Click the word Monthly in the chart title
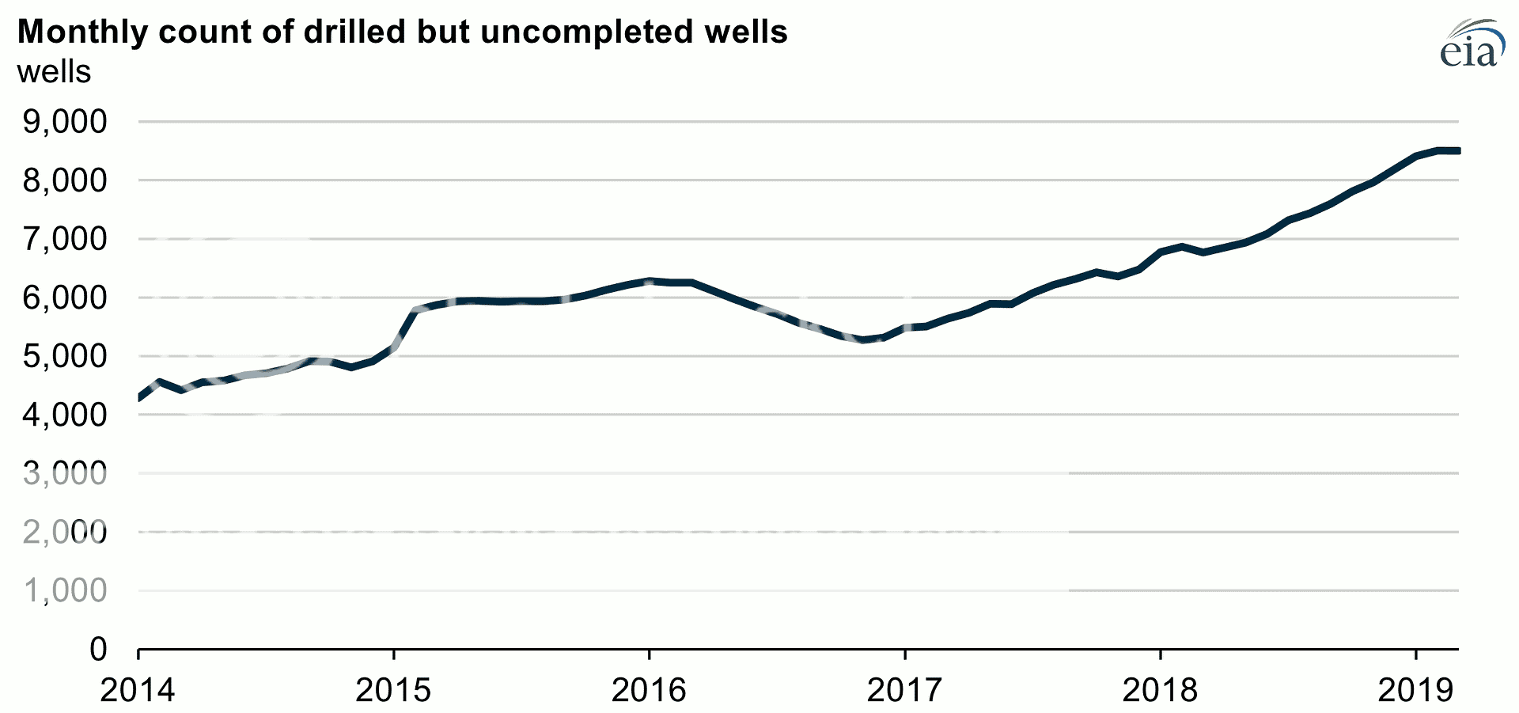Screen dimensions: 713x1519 82,32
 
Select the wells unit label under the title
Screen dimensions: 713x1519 54,72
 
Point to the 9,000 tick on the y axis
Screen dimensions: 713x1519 65,122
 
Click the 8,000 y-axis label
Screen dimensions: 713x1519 65,180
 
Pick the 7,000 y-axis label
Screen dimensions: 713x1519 65,239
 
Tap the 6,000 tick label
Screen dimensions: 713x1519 65,298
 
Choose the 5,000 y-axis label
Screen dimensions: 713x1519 65,356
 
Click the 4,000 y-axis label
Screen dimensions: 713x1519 65,415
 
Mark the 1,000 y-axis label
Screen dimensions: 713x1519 65,590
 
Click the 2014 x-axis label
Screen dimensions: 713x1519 138,690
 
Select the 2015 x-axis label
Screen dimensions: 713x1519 393,690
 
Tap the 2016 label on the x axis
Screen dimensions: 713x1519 649,690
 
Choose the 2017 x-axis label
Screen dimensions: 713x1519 904,690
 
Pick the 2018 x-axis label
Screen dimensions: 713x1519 1160,690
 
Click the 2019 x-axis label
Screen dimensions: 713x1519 1415,690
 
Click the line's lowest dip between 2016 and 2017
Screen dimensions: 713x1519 863,340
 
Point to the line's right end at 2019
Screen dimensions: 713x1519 1457,150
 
